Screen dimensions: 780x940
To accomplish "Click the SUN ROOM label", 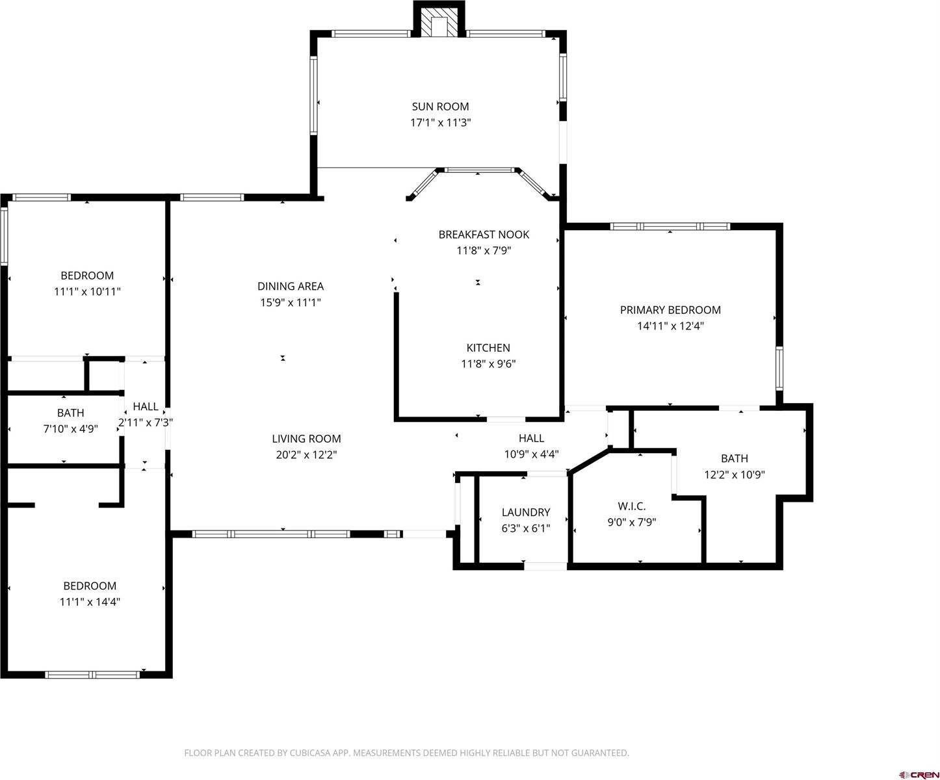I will pos(440,107).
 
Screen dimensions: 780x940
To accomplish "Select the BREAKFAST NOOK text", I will pos(484,235).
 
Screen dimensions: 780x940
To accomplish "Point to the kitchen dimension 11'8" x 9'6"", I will pos(488,364).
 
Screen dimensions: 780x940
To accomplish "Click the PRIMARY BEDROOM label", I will pos(670,310).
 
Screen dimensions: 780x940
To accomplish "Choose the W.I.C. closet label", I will pos(631,506).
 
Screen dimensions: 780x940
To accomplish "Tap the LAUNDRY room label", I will pos(525,512).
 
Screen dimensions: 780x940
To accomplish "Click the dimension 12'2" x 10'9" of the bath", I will pos(734,474).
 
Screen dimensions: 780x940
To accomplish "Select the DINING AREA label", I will pos(291,286).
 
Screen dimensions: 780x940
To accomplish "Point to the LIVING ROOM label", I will pos(306,439).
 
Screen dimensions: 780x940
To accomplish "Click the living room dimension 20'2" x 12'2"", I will pos(306,455).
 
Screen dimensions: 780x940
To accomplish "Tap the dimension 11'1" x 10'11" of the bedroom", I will pos(87,292).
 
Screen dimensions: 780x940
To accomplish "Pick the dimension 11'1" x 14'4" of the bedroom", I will pos(90,602).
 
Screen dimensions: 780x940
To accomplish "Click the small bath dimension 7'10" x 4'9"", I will pos(70,428).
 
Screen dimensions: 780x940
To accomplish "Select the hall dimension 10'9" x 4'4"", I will pos(531,454).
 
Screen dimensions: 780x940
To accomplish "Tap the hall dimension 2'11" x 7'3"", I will pos(146,422).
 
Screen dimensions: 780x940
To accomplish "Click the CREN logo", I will pos(918,774).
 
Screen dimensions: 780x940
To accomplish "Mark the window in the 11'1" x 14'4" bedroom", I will pos(92,675).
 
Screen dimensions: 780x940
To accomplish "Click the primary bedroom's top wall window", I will pos(670,226).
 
